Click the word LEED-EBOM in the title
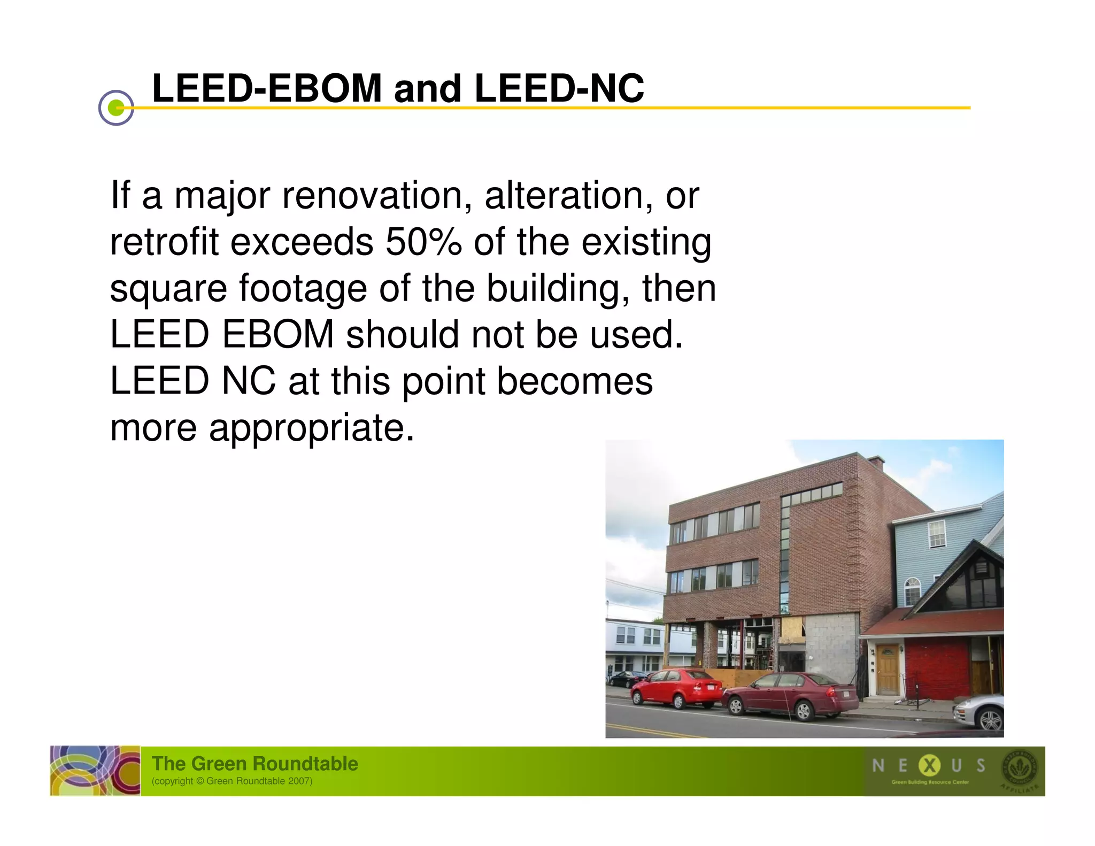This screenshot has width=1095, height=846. coord(267,88)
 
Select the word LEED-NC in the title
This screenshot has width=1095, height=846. coord(559,88)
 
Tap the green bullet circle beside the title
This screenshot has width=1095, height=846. coord(116,108)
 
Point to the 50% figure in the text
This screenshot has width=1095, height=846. coord(423,242)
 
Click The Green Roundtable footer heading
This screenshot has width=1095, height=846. coord(255,763)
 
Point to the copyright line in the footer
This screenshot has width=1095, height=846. coord(232,781)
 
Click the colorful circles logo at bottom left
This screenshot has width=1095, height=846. coord(95,771)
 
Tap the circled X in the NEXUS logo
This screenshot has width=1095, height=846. coord(929,766)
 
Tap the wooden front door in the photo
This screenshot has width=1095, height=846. coord(888,669)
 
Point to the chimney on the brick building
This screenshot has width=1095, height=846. coord(875,462)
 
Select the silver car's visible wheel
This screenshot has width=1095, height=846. coord(991,719)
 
